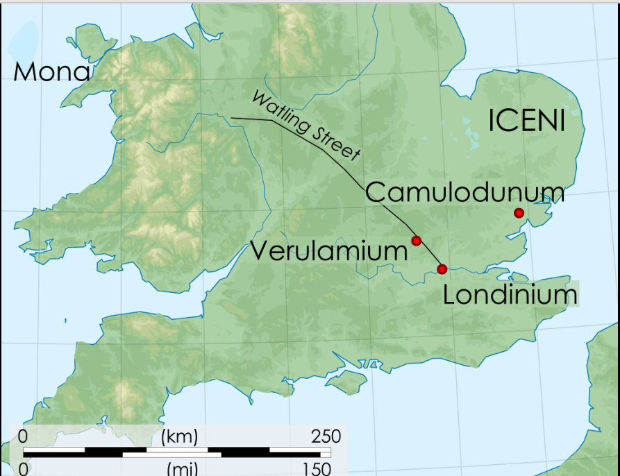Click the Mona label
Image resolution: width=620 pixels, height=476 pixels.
[x=51, y=71]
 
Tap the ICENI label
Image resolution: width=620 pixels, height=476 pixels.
[x=526, y=121]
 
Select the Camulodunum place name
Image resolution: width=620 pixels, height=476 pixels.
[x=464, y=192]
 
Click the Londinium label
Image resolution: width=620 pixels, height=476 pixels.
[x=510, y=295]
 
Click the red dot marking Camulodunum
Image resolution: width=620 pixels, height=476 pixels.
[x=518, y=213]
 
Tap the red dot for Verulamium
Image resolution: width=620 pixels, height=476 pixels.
[x=417, y=241]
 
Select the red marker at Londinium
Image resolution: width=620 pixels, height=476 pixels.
[x=442, y=269]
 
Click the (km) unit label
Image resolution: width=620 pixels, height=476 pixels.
[x=179, y=436]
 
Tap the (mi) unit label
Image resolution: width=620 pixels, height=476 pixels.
[x=183, y=468]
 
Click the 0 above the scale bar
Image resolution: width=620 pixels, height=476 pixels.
[x=23, y=436]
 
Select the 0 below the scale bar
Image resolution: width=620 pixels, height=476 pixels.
[x=24, y=468]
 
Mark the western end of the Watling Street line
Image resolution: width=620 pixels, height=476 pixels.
[x=232, y=119]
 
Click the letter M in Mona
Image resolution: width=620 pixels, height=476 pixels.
[x=26, y=71]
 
